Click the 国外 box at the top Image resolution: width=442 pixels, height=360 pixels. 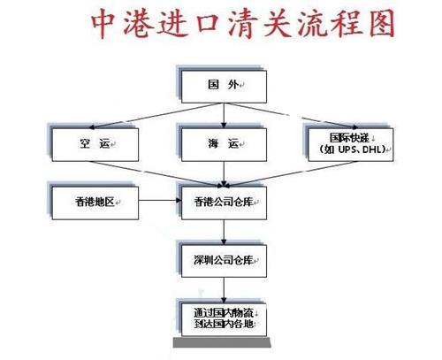click(224, 87)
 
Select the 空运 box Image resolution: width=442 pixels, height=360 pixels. click(95, 144)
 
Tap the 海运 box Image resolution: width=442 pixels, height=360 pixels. click(224, 144)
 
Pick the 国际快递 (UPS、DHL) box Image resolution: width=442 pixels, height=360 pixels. click(351, 144)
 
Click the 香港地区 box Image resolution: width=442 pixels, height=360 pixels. click(95, 203)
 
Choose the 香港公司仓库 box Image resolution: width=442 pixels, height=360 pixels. click(224, 203)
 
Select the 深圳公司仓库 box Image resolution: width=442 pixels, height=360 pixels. click(224, 261)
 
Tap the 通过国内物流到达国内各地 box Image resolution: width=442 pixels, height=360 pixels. click(224, 319)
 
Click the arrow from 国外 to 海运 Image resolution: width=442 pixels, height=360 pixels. click(224, 116)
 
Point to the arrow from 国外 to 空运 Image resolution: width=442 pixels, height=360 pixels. click(156, 116)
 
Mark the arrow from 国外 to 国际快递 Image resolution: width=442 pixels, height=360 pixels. click(292, 116)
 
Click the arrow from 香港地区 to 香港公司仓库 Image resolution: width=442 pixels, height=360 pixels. click(160, 201)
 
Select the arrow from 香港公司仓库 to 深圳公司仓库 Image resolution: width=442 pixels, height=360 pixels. click(224, 232)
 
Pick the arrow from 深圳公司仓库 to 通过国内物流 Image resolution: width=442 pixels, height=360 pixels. click(224, 290)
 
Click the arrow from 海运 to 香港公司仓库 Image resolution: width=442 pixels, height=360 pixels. click(224, 174)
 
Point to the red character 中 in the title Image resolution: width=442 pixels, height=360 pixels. click(103, 24)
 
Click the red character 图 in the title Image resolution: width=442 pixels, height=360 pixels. click(382, 23)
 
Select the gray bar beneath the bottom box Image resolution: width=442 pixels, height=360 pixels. click(222, 342)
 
